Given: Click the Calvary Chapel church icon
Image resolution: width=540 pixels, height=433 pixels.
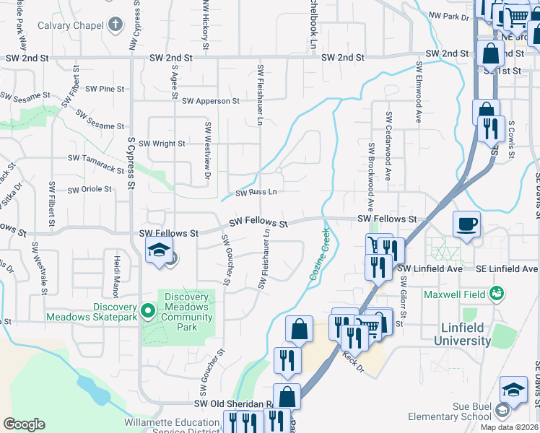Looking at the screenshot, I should pyautogui.click(x=114, y=25).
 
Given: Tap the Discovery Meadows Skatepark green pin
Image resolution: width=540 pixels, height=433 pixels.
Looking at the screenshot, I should pyautogui.click(x=148, y=311).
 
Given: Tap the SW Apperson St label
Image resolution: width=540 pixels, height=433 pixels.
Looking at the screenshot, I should pyautogui.click(x=211, y=102).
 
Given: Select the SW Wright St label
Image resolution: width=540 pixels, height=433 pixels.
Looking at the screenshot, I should pyautogui.click(x=162, y=144).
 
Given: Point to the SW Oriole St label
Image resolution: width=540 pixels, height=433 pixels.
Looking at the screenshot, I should pyautogui.click(x=90, y=190).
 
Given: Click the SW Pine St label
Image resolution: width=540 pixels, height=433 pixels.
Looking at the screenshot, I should pyautogui.click(x=105, y=89).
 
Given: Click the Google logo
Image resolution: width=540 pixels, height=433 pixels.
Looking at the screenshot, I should pyautogui.click(x=24, y=424).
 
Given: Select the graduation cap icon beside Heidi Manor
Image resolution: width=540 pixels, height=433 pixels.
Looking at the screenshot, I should pyautogui.click(x=158, y=253).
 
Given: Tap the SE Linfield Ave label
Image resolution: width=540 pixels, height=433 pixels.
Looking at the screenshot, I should pyautogui.click(x=508, y=268).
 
